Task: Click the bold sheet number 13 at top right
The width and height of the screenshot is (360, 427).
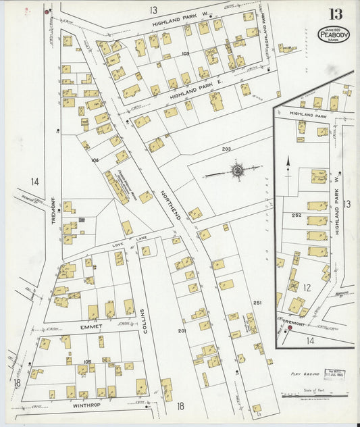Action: (336, 14)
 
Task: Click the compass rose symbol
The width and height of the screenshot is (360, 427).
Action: (238, 171)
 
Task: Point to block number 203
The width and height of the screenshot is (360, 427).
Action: (226, 149)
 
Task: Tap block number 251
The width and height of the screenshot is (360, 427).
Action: (257, 303)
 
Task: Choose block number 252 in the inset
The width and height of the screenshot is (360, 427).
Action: (296, 215)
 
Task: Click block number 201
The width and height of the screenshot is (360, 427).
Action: (182, 330)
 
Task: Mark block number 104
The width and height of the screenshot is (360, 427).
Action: (95, 160)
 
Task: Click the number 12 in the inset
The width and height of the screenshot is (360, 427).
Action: (307, 287)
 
